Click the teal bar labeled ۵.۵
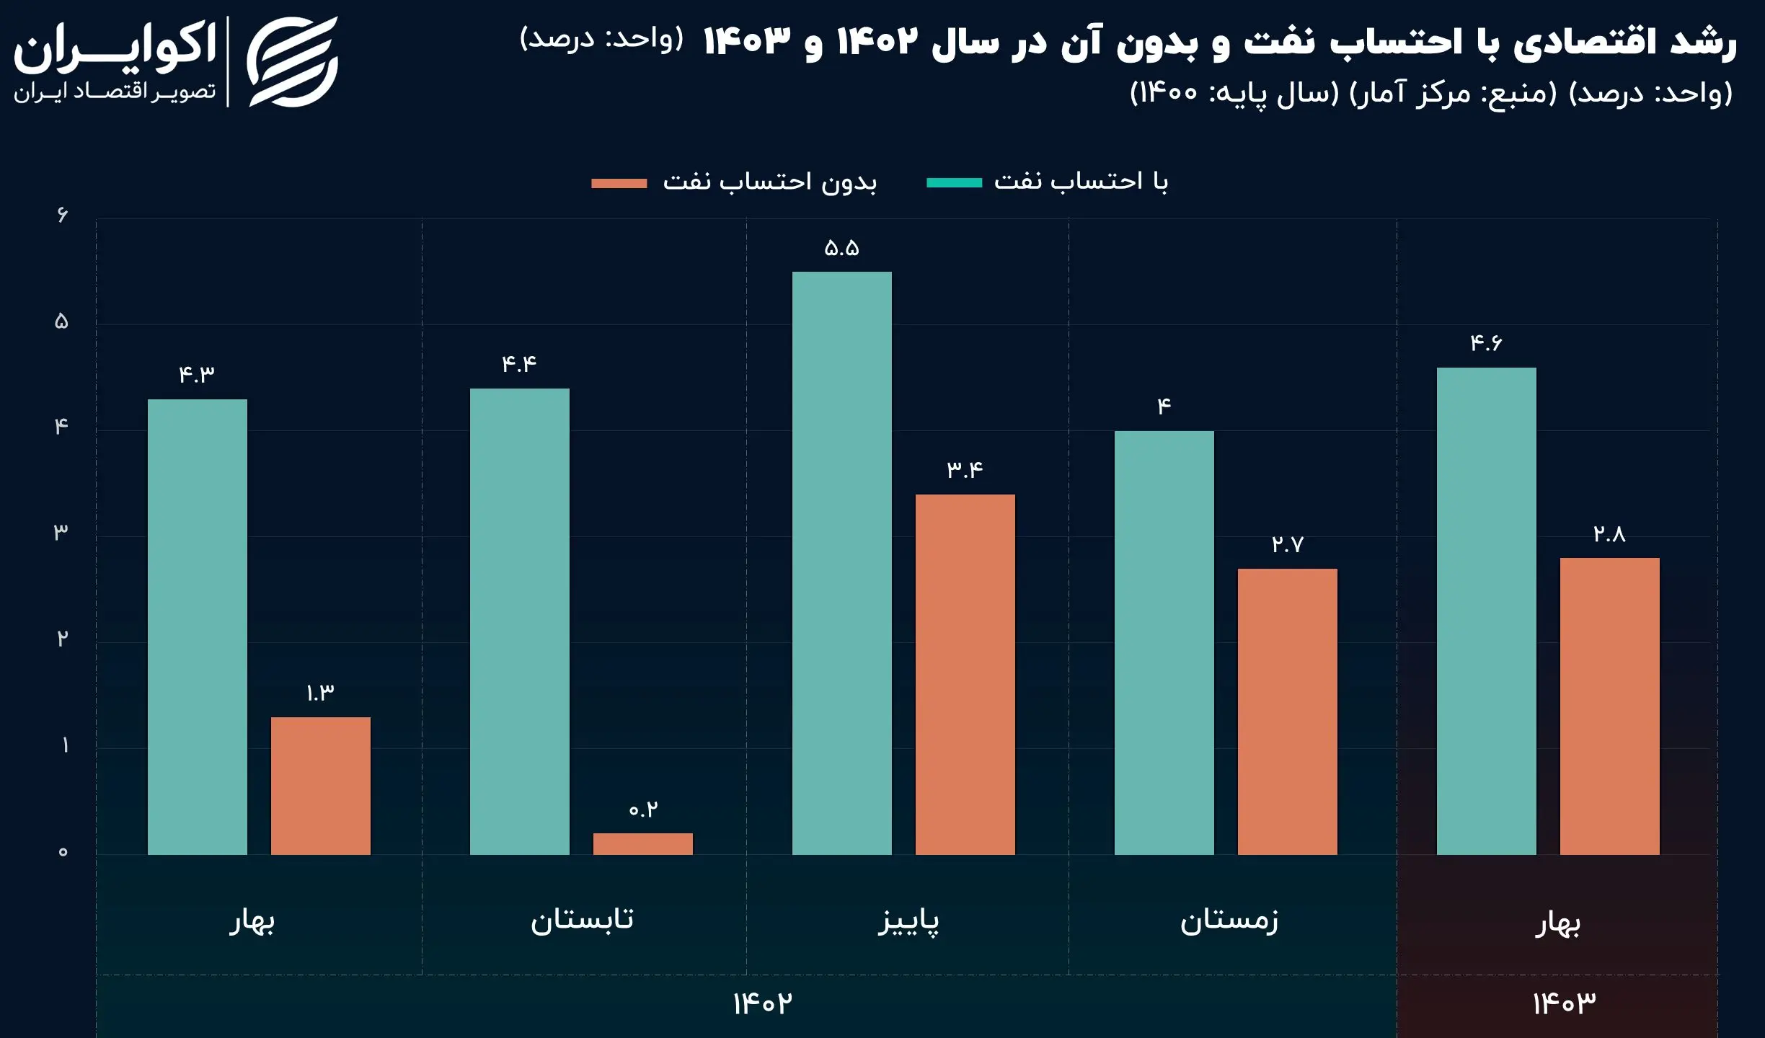841,562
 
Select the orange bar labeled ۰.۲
642,844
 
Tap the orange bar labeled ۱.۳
320,786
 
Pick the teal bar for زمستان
1164,642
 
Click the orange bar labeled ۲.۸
1609,706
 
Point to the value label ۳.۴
965,470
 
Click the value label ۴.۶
1486,343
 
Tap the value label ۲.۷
1287,544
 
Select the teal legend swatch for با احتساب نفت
954,183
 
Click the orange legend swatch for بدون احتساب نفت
619,183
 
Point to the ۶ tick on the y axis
62,215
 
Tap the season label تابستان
582,921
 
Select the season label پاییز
908,922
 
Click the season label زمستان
1229,921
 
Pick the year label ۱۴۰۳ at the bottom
1564,1003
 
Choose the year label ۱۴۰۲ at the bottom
762,1003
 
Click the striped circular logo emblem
292,62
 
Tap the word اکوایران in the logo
115,47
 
